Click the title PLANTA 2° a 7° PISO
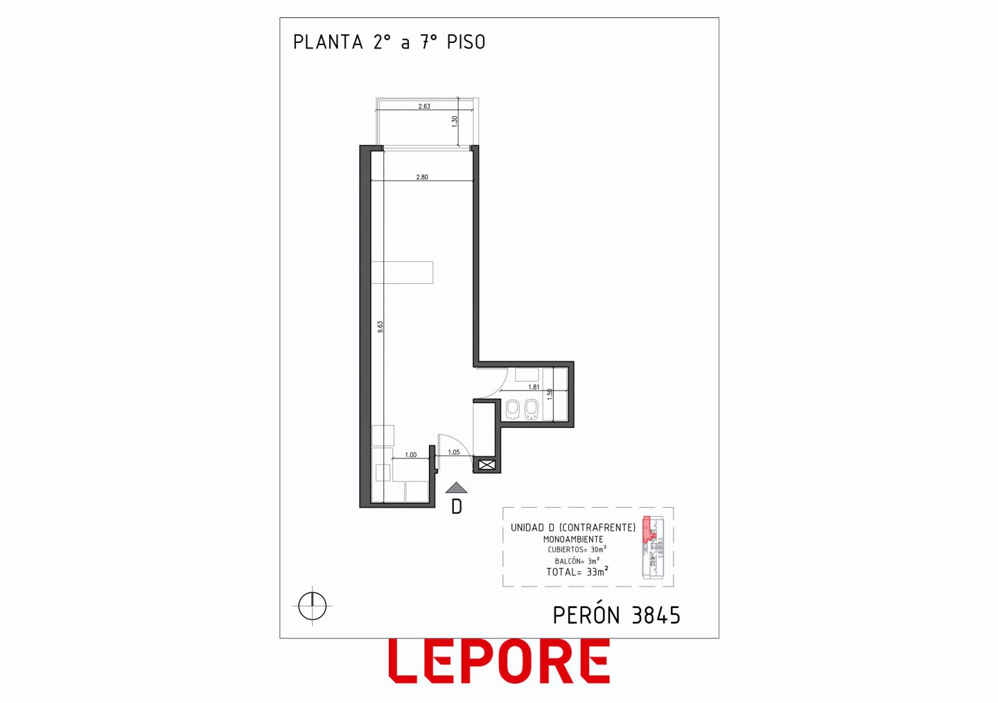(x=389, y=42)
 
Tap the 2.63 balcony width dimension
(x=424, y=107)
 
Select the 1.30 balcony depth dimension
(x=455, y=121)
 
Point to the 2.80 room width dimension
(x=422, y=177)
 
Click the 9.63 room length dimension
(x=380, y=327)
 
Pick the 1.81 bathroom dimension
(x=534, y=387)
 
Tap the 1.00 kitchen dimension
(x=411, y=455)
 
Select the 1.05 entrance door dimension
(x=453, y=452)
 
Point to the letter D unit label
(x=457, y=507)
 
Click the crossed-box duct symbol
(x=487, y=465)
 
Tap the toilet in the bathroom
(x=512, y=409)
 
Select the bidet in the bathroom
(x=531, y=409)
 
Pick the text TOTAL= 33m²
(x=577, y=571)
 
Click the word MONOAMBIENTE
(x=573, y=539)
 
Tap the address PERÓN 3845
(x=617, y=615)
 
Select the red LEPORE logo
(x=499, y=661)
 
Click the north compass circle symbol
(x=313, y=605)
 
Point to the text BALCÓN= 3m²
(x=577, y=561)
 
